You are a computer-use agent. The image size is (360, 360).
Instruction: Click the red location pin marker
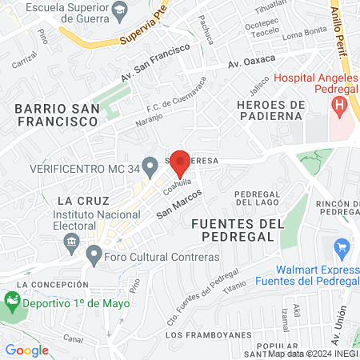(x=180, y=162)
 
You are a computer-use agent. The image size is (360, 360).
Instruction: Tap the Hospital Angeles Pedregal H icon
(x=340, y=104)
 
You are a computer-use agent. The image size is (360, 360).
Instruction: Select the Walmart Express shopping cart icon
(x=344, y=250)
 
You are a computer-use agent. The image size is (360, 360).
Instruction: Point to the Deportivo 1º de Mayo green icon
(x=12, y=303)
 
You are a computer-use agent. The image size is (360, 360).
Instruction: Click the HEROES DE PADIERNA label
(x=272, y=112)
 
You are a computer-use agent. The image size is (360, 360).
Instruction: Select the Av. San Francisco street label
(x=155, y=62)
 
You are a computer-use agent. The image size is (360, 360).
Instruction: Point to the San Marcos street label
(x=178, y=204)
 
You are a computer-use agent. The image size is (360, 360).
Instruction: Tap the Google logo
(x=26, y=350)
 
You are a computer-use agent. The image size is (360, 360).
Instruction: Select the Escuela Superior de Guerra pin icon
(x=120, y=10)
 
